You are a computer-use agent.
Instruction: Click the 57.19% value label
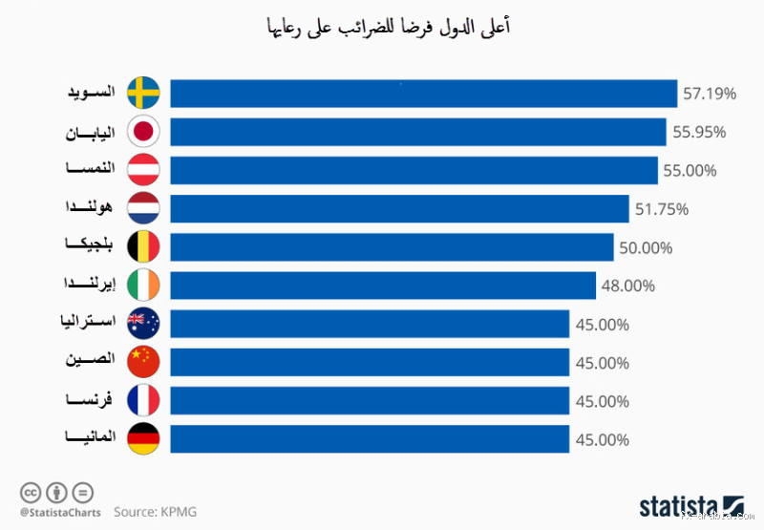[710, 94]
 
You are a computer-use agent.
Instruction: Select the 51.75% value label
[662, 209]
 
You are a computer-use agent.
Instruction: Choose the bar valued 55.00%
[414, 170]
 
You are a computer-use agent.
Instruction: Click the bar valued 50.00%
[392, 247]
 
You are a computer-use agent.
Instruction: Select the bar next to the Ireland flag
[383, 286]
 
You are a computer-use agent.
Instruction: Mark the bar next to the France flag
[370, 401]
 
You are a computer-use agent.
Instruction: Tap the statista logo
[690, 504]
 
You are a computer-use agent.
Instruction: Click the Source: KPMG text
[155, 512]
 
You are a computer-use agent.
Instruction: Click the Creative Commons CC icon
[31, 493]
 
